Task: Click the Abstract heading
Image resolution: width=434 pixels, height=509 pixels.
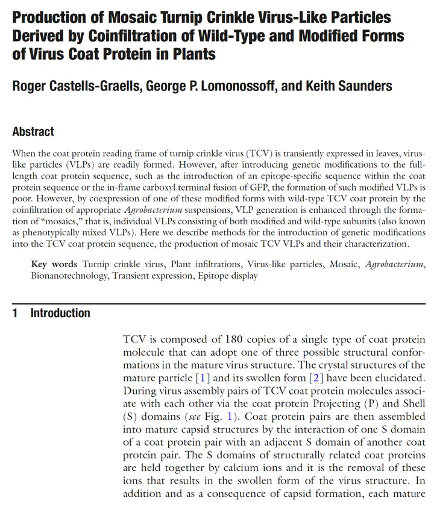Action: click(x=33, y=131)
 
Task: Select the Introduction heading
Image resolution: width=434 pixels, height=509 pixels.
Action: click(x=60, y=313)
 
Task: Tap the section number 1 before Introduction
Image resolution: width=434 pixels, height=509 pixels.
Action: click(x=16, y=313)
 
